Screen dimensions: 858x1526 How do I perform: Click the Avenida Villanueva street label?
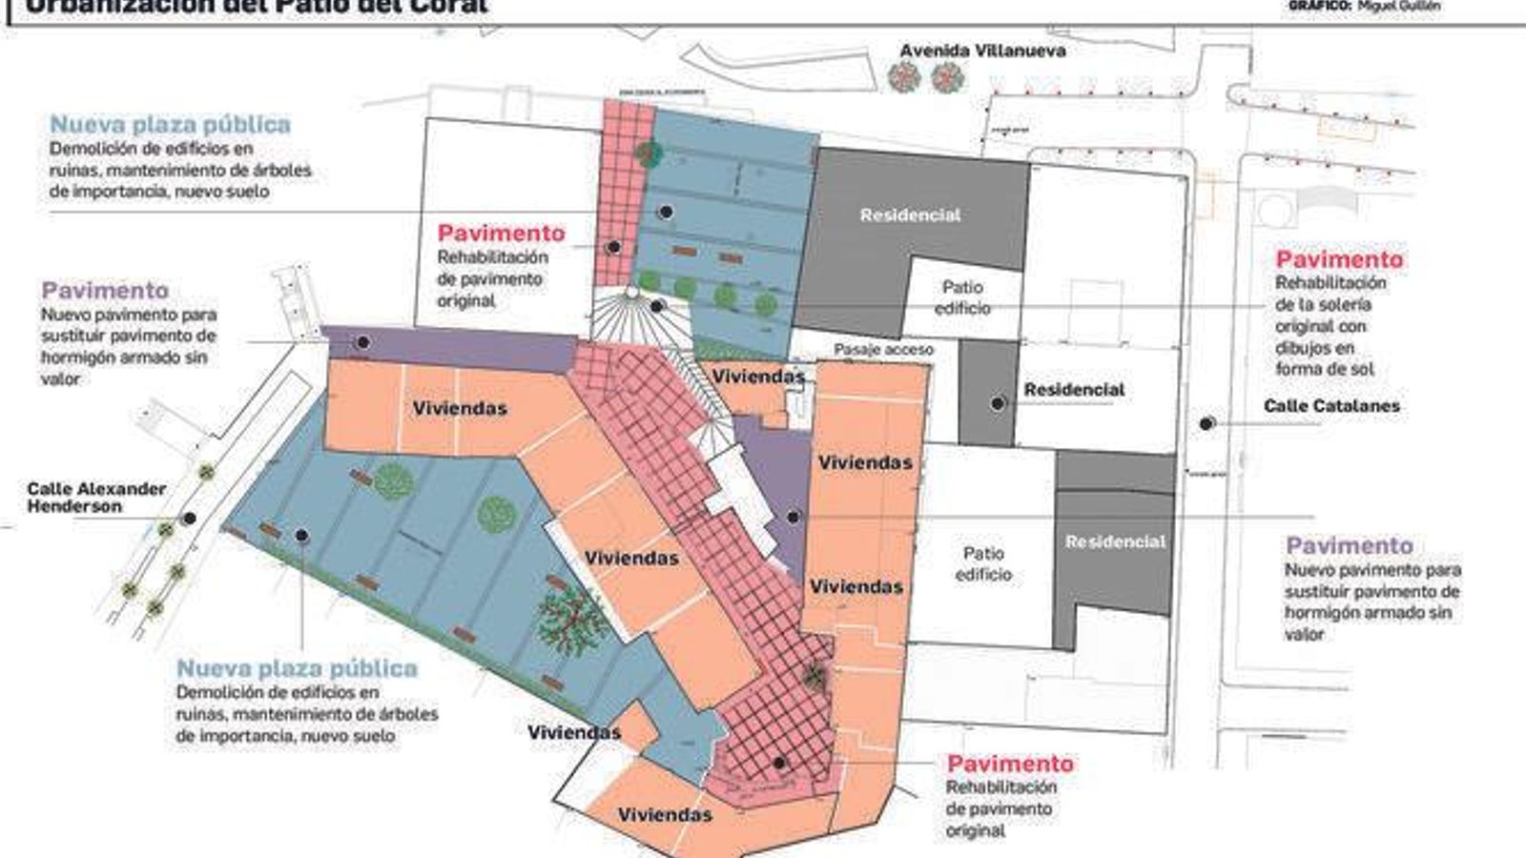point(982,51)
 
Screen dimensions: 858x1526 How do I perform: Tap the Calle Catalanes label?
point(1331,406)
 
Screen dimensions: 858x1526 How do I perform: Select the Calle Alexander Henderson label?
point(96,498)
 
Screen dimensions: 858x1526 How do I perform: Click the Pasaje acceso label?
point(883,350)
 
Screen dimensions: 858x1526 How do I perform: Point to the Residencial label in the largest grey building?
point(910,215)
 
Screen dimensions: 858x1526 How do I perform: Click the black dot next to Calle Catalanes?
point(1206,423)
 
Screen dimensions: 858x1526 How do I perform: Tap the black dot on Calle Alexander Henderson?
point(190,519)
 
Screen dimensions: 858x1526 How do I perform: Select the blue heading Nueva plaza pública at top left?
point(170,125)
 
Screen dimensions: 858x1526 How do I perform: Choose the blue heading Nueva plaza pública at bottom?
point(297,668)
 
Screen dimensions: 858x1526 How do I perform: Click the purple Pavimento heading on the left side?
point(105,291)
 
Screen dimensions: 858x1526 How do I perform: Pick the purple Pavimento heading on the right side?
point(1349,546)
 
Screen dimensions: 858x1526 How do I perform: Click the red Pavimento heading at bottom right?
point(1010,764)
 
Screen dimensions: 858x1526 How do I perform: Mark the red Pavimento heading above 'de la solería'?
point(1339,259)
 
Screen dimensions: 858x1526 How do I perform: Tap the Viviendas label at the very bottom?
point(665,815)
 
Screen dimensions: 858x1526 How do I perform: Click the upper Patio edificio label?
point(962,297)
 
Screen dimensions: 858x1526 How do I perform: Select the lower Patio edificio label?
point(983,563)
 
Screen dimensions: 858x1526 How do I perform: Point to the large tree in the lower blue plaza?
point(572,620)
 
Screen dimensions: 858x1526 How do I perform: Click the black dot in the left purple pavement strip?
point(362,342)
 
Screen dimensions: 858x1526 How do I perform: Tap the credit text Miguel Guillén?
point(1399,6)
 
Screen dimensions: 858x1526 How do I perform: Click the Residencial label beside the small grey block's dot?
point(1074,390)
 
